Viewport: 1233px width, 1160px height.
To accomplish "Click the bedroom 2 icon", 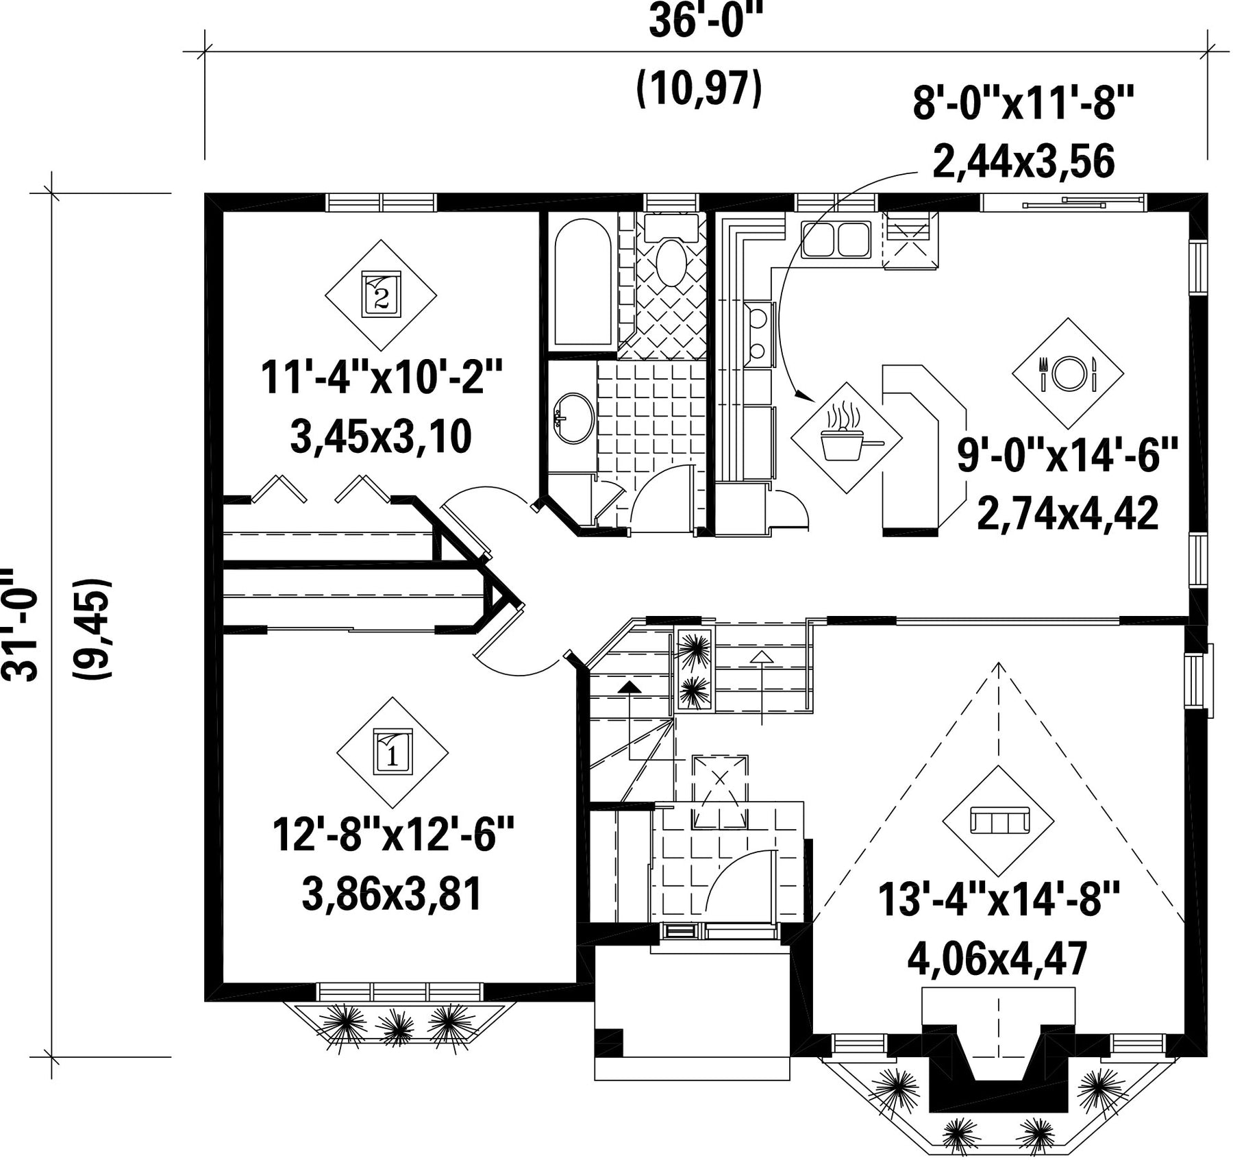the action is click(x=381, y=295).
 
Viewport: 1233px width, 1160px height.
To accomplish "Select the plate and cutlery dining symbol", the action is click(x=1068, y=373).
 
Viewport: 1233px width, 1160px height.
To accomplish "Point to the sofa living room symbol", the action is click(x=997, y=820).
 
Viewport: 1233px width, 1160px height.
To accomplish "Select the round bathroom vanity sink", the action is click(x=574, y=419).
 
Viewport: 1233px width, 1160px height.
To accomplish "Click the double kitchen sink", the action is click(x=836, y=239).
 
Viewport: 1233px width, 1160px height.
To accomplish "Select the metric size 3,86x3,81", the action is click(x=391, y=896).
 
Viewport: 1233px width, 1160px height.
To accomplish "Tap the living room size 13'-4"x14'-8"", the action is click(x=998, y=900).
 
